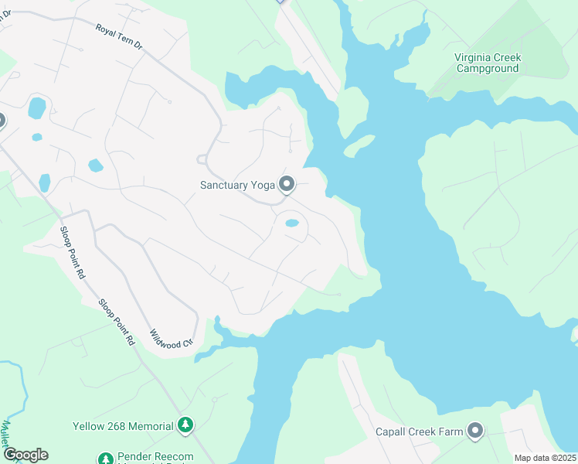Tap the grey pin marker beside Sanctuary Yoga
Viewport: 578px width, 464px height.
(287, 184)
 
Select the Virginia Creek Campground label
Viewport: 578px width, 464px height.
(488, 63)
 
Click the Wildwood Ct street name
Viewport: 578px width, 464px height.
(170, 336)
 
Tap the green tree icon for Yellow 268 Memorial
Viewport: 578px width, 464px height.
(185, 425)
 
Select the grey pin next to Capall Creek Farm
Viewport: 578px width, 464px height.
(474, 432)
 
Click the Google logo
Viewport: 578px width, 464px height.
(25, 455)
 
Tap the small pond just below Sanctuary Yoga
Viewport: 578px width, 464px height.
(292, 223)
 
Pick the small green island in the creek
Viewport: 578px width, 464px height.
(359, 145)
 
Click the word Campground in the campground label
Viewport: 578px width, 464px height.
(488, 69)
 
